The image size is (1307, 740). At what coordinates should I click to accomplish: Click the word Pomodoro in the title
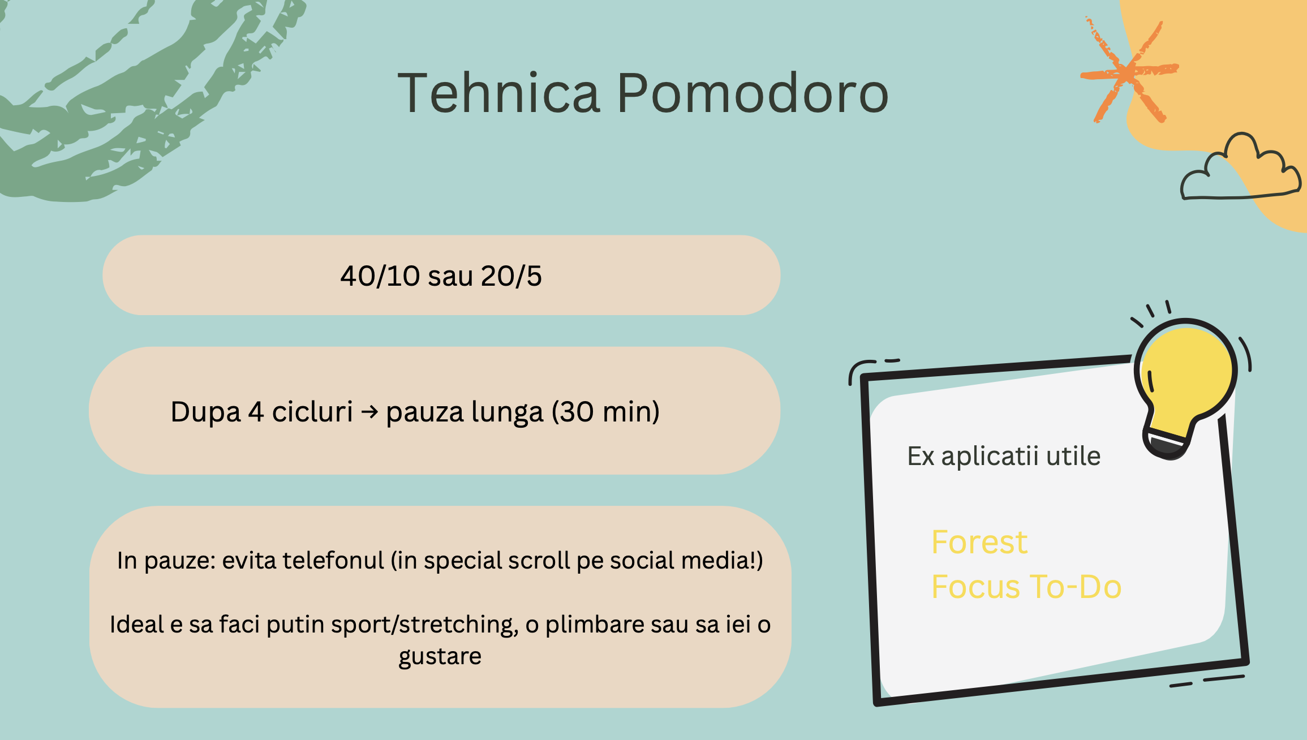[753, 93]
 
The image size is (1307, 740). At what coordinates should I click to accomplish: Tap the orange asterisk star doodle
[1129, 72]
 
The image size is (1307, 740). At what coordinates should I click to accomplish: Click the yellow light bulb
[1186, 379]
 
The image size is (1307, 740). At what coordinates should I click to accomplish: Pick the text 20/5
[511, 276]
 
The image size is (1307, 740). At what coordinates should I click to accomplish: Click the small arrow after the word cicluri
[369, 411]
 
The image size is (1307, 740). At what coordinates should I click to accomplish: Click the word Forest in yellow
[979, 542]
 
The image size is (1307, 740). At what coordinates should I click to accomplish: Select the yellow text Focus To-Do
[1026, 586]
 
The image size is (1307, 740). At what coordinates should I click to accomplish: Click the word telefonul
[333, 560]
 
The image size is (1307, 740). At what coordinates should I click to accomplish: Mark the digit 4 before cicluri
[256, 411]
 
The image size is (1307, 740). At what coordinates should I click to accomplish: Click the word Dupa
[205, 412]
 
